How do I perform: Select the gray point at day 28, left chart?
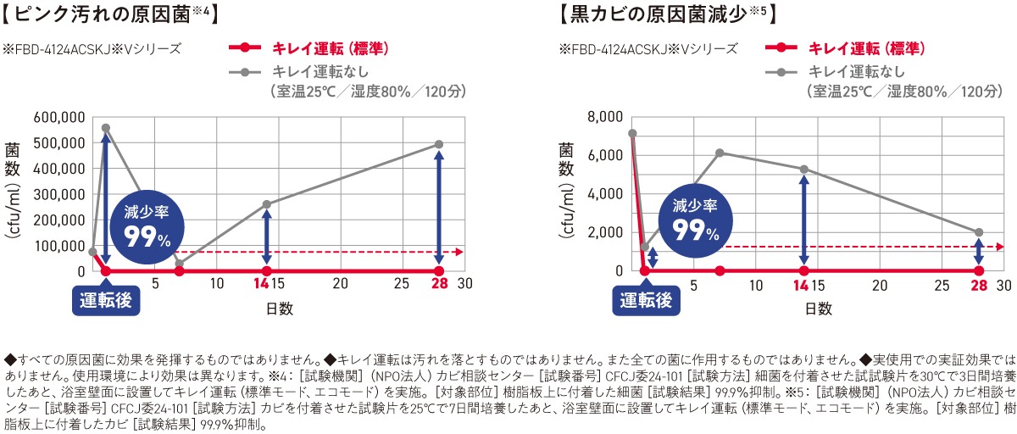coord(439,144)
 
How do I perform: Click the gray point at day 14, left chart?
coord(267,204)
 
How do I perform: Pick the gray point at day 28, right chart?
coord(979,232)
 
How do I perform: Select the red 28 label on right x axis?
coord(979,283)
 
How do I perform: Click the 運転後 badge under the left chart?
coord(106,300)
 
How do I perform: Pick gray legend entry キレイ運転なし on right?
coord(857,71)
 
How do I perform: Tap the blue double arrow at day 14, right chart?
coord(803,220)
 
